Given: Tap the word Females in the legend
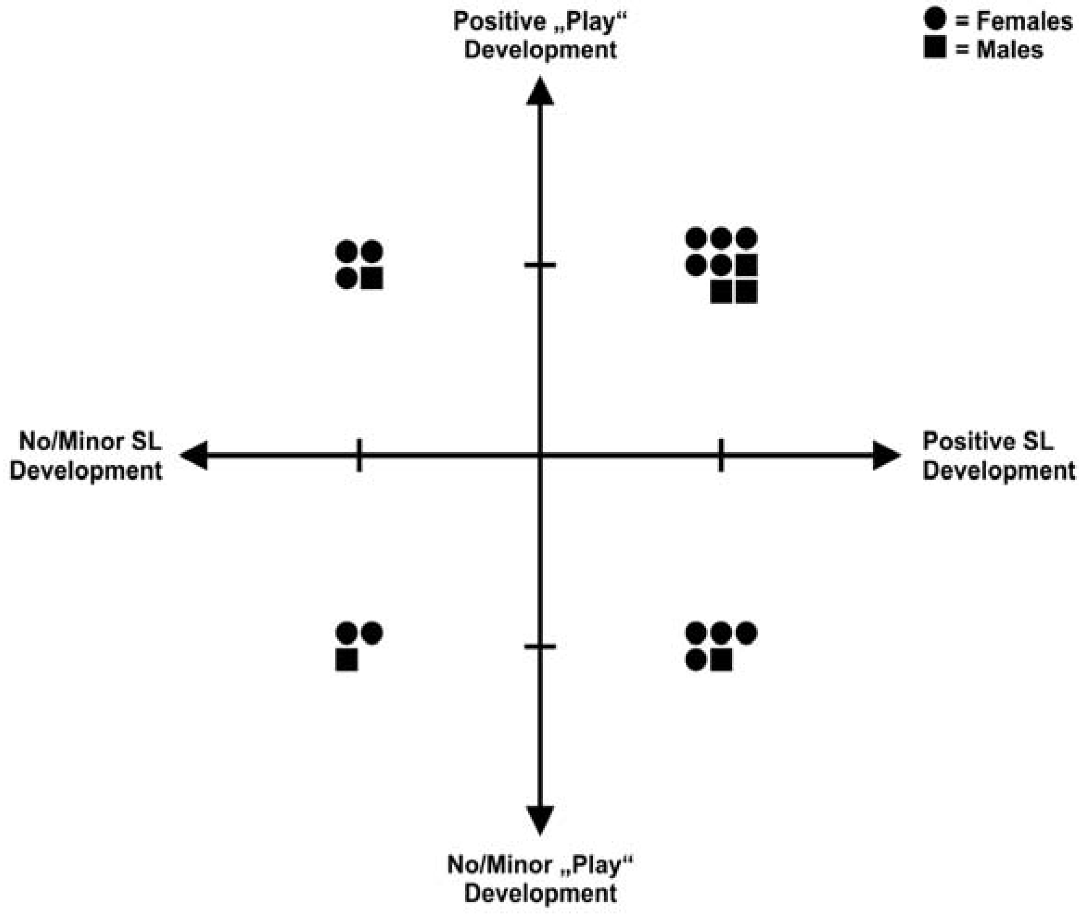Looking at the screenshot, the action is click(x=1024, y=21).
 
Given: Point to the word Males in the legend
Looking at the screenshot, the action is click(x=1009, y=50).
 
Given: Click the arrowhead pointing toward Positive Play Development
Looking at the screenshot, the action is click(x=540, y=92).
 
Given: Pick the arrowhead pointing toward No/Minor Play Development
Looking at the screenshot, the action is click(x=540, y=819).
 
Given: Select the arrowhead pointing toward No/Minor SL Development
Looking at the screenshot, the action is click(x=194, y=455).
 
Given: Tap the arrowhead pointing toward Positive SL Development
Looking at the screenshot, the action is click(x=886, y=455).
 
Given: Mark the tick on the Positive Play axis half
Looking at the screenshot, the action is click(x=540, y=264).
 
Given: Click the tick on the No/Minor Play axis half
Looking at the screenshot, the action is click(x=540, y=647).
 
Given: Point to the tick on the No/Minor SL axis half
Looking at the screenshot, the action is click(x=359, y=455).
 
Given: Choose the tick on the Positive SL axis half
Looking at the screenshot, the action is click(x=721, y=455).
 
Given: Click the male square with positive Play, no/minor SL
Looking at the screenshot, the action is click(x=372, y=277).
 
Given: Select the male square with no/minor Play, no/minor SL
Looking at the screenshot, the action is click(x=347, y=660).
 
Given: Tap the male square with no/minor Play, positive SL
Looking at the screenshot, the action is click(x=721, y=660).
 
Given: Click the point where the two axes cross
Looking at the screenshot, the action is click(x=540, y=455).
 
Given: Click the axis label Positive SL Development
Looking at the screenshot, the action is click(x=998, y=456).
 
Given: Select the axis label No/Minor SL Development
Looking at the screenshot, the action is click(x=87, y=456).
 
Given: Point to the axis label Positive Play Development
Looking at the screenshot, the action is click(x=540, y=35).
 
